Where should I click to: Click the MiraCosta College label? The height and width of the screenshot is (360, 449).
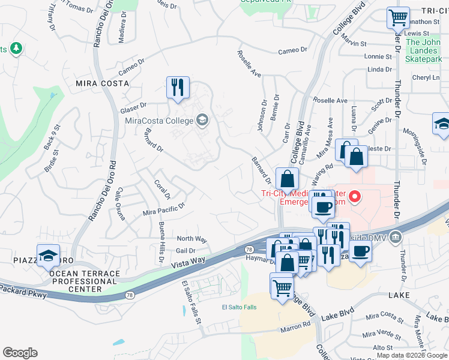click(x=159, y=121)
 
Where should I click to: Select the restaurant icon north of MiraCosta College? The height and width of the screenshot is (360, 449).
click(x=178, y=88)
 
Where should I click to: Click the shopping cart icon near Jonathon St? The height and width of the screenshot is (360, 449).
click(x=398, y=18)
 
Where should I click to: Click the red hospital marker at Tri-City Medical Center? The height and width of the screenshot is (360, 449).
click(x=355, y=196)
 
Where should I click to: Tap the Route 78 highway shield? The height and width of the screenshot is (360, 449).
click(x=248, y=249)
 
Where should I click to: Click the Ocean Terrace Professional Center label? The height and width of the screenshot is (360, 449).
click(x=85, y=281)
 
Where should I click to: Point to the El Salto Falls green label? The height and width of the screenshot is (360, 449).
click(x=239, y=307)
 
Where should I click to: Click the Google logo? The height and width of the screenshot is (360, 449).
click(x=20, y=353)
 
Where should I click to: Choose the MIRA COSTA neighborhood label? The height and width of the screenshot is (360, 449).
click(x=95, y=83)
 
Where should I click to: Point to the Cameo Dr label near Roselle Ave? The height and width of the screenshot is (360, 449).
click(x=292, y=51)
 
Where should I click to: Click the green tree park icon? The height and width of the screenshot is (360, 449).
click(x=16, y=47)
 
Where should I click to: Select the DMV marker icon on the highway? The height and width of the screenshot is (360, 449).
click(x=394, y=236)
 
